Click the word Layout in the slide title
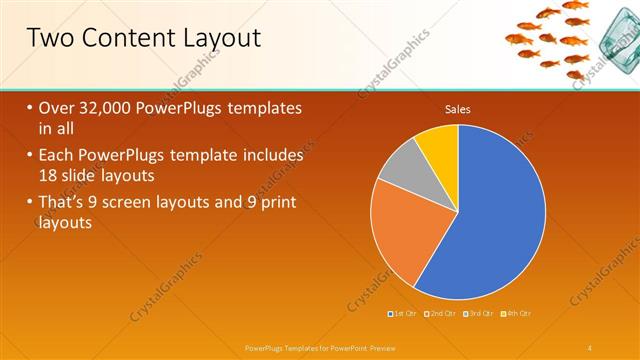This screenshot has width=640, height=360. point(216,39)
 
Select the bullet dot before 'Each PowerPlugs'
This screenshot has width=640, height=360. point(29,157)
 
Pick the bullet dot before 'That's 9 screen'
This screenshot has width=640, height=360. point(29,205)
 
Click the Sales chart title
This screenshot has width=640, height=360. point(458,110)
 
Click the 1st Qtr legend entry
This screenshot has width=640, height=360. point(404,314)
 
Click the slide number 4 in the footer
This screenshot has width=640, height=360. point(590,347)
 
